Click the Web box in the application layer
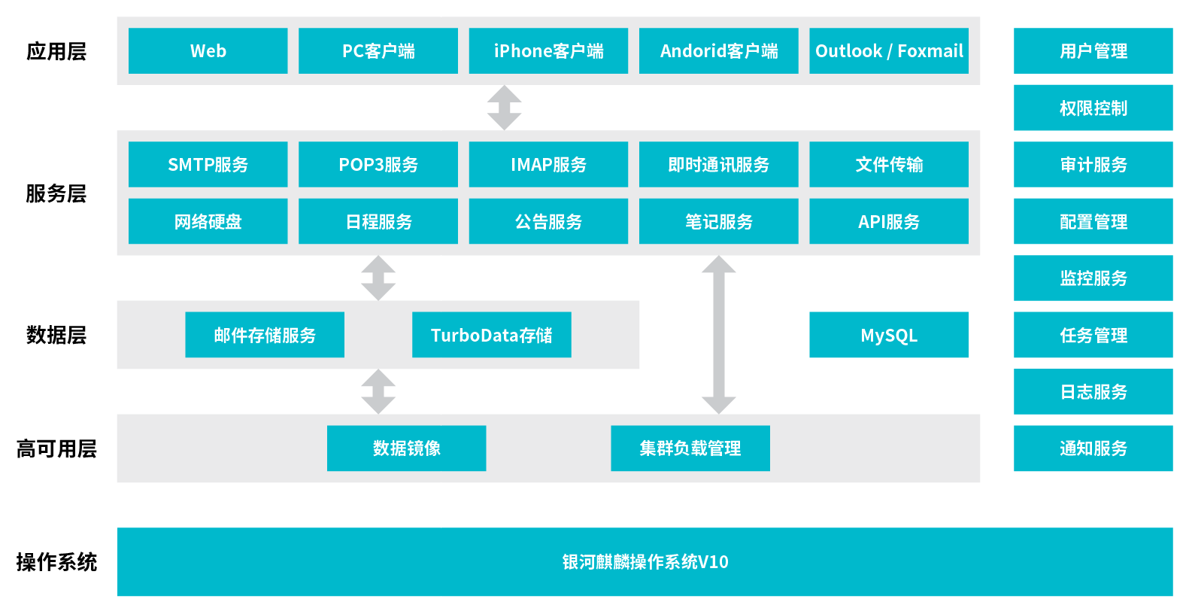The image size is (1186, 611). click(208, 51)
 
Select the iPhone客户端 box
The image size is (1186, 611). click(548, 51)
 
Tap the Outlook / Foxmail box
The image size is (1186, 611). click(888, 51)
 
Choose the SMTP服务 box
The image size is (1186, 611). click(208, 165)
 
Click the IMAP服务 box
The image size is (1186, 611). click(548, 165)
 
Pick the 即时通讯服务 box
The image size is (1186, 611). click(718, 165)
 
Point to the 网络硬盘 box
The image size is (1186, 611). click(208, 221)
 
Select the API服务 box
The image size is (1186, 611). click(888, 221)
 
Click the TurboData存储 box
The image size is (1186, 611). click(491, 335)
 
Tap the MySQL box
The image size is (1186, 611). click(888, 335)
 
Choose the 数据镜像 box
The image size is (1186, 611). click(406, 448)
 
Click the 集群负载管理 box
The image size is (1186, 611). click(690, 448)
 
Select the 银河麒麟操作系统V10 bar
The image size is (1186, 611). click(645, 562)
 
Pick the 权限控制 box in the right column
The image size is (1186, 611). click(1093, 108)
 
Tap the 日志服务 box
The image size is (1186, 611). click(1093, 391)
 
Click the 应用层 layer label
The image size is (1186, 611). click(56, 51)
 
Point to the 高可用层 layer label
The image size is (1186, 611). click(56, 449)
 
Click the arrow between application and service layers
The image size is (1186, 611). click(504, 108)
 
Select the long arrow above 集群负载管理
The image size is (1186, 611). click(718, 335)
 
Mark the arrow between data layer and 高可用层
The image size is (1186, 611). click(378, 391)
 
